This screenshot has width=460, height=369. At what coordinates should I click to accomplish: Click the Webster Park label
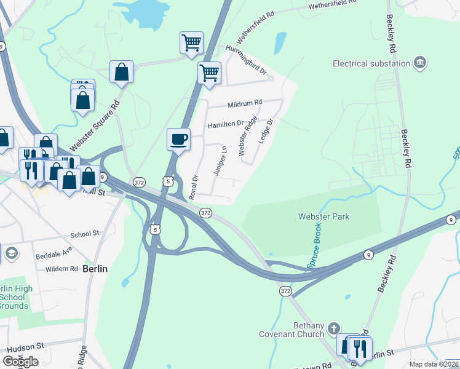coord(323,216)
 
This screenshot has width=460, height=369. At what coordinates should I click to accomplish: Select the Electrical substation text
coord(371,63)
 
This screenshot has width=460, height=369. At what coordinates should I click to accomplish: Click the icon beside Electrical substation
coord(421,63)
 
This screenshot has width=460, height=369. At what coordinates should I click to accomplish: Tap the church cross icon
coord(334,328)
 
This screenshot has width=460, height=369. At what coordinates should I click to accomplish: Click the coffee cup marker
coord(179,139)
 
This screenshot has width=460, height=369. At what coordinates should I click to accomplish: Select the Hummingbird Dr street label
coord(246,62)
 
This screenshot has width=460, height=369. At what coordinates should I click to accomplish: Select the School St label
coord(85,234)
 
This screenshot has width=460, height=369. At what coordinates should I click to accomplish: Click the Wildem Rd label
coord(61,269)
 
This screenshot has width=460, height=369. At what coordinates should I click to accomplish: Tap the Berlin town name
coord(95,269)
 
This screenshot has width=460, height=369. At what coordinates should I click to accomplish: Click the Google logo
coord(21,362)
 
